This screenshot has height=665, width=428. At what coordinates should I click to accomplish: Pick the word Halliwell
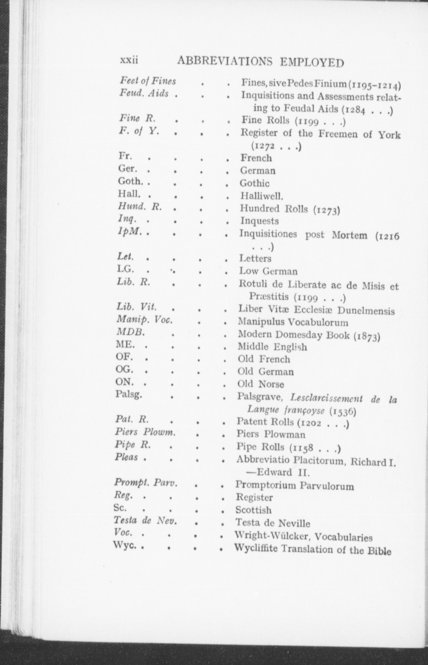[x=261, y=197]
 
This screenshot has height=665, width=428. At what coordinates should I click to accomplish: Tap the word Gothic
[x=255, y=183]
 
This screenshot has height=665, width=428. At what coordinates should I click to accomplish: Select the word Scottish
[x=253, y=510]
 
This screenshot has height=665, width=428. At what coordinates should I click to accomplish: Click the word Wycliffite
[x=256, y=548]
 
